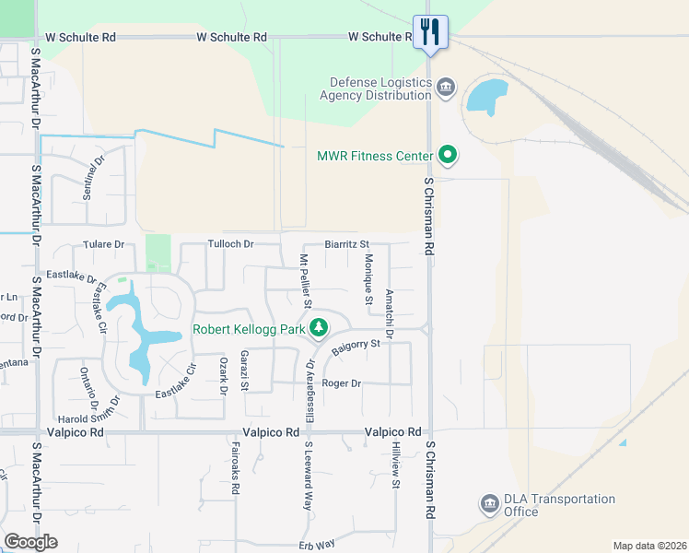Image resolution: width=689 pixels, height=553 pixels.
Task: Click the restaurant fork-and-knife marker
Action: pyautogui.click(x=430, y=32)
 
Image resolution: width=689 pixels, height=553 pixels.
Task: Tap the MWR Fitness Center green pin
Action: pyautogui.click(x=448, y=155)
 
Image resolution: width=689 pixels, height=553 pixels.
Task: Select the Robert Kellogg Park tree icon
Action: pyautogui.click(x=319, y=327)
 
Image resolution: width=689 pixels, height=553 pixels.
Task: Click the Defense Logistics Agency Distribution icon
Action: pyautogui.click(x=446, y=88)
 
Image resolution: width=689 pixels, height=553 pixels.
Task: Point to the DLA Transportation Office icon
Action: pyautogui.click(x=489, y=504)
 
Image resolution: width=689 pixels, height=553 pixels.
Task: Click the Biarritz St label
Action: pyautogui.click(x=346, y=244)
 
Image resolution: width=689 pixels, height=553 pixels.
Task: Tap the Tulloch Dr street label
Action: pyautogui.click(x=230, y=244)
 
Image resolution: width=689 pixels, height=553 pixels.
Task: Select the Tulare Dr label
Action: pyautogui.click(x=103, y=244)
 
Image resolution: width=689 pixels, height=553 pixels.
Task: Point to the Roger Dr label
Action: pyautogui.click(x=341, y=382)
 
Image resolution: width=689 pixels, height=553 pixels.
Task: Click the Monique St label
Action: pyautogui.click(x=368, y=278)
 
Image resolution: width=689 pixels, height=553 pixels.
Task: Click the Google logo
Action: pyautogui.click(x=30, y=541)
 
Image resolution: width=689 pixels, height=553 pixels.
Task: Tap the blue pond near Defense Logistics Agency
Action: pyautogui.click(x=486, y=96)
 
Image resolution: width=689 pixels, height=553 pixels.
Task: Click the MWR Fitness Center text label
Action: pyautogui.click(x=374, y=156)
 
